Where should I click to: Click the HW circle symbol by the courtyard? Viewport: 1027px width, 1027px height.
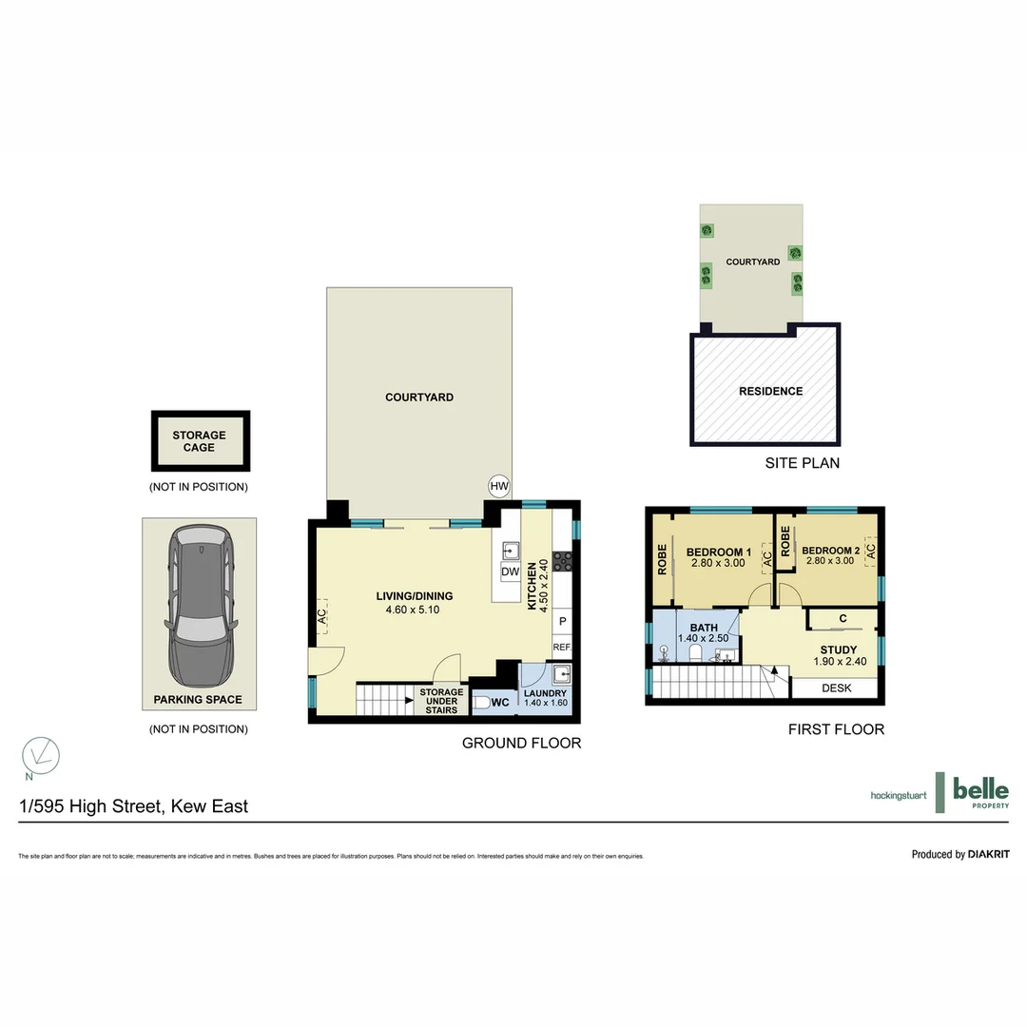tap(499, 486)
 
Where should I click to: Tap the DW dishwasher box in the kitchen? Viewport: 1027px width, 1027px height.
tap(510, 572)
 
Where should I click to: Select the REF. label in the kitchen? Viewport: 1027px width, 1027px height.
tap(561, 648)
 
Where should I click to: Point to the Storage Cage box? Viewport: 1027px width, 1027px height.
tap(200, 441)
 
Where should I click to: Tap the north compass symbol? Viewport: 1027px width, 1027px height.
tap(41, 755)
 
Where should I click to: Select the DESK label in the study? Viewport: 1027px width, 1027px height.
tap(836, 688)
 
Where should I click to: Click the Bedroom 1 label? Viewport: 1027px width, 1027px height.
tap(719, 552)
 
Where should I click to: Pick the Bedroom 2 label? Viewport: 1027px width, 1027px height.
tap(830, 551)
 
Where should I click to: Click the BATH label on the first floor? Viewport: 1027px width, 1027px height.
tap(704, 628)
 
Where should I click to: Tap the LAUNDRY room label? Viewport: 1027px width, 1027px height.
tap(545, 693)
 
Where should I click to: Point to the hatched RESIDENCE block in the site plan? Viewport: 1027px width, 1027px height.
tap(770, 391)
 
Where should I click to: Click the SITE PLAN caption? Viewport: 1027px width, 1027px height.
tap(803, 463)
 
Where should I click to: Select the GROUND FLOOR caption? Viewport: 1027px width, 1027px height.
tap(521, 743)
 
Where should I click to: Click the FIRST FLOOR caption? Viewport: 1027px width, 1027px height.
tap(836, 729)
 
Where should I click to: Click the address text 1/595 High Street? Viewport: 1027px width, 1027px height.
tap(134, 806)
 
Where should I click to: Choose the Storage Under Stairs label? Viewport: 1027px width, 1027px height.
tap(441, 701)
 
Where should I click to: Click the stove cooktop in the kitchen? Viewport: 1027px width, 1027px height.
tap(561, 560)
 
